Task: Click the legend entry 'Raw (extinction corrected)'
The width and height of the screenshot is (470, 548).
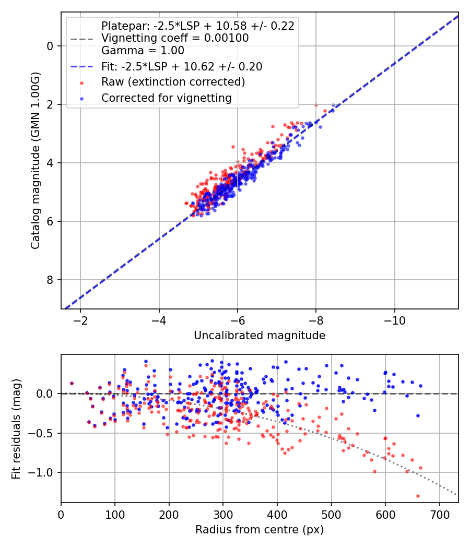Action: click(173, 82)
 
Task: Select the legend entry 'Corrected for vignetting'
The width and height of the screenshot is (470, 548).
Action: click(167, 98)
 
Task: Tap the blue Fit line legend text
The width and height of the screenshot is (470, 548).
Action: click(182, 66)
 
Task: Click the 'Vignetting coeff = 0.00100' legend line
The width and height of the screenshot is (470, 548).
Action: click(175, 38)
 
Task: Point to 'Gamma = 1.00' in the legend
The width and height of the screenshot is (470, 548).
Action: click(143, 51)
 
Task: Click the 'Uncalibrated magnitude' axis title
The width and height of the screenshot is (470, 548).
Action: click(260, 336)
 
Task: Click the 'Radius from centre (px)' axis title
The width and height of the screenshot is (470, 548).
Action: click(260, 530)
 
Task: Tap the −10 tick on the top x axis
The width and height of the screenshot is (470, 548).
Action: click(394, 320)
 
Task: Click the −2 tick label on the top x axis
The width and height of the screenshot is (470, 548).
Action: click(80, 320)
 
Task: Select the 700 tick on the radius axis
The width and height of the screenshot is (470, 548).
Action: click(439, 514)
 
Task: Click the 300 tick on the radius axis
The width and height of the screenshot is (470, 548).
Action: click(223, 514)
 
